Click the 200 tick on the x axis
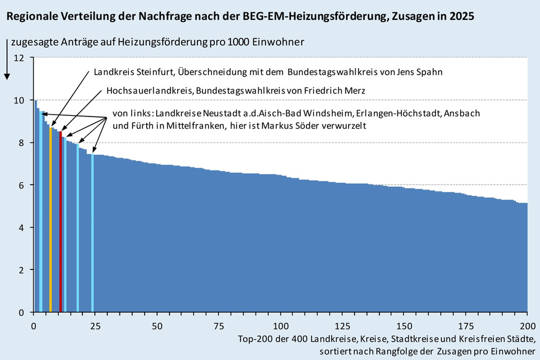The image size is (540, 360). point(527,326)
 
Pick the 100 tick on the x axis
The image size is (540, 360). point(281,326)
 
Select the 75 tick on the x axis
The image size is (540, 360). point(219,326)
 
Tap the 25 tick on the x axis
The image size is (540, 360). point(95,326)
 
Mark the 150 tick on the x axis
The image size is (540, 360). point(404,326)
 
